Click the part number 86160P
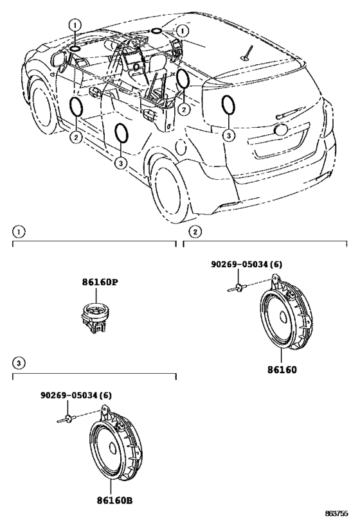click(100, 282)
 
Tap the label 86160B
click(114, 500)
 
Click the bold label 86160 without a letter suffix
click(282, 370)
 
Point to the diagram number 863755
click(336, 513)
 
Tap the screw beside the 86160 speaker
click(238, 288)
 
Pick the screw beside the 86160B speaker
click(67, 419)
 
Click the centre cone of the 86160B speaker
click(113, 448)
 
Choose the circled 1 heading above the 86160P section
click(19, 232)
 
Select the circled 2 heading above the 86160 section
click(195, 232)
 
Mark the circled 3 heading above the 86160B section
click(19, 363)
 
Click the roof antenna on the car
click(247, 54)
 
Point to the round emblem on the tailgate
click(281, 130)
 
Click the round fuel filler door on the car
click(181, 147)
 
